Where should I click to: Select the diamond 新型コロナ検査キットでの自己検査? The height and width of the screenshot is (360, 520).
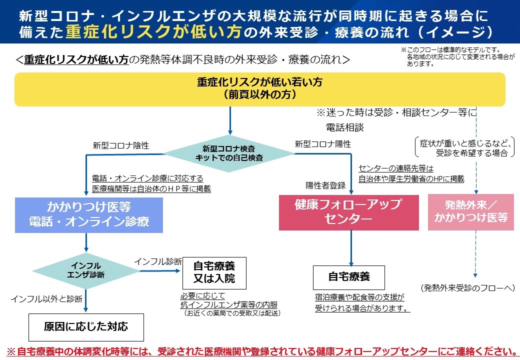pyautogui.click(x=229, y=153)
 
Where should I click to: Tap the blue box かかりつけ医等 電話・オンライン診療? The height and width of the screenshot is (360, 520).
pyautogui.click(x=89, y=214)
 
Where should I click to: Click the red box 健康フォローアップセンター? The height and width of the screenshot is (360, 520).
pyautogui.click(x=348, y=212)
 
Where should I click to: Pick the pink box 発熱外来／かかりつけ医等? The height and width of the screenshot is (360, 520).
pyautogui.click(x=470, y=211)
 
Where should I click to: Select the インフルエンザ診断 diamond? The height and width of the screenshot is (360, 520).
pyautogui.click(x=86, y=270)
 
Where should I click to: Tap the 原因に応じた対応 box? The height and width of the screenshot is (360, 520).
pyautogui.click(x=86, y=327)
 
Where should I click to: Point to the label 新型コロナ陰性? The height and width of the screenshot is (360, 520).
pyautogui.click(x=120, y=145)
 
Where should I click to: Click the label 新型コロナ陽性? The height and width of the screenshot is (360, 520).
pyautogui.click(x=322, y=144)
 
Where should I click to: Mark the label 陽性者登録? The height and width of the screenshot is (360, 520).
pyautogui.click(x=325, y=185)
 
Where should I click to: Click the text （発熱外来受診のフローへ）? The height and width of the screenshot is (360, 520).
pyautogui.click(x=467, y=287)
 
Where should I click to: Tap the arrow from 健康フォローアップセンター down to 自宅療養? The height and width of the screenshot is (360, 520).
pyautogui.click(x=351, y=247)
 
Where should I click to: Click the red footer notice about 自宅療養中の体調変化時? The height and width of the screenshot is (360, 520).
pyautogui.click(x=260, y=350)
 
